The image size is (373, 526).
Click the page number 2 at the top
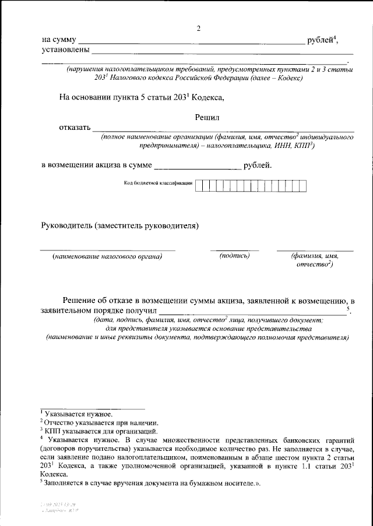198,29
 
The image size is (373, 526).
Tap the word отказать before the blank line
75,128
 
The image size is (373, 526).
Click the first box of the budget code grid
199,185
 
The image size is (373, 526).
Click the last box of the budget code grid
302,185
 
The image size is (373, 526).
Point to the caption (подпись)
234,256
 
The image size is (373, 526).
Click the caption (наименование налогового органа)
107,256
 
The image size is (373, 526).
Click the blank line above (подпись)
234,250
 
